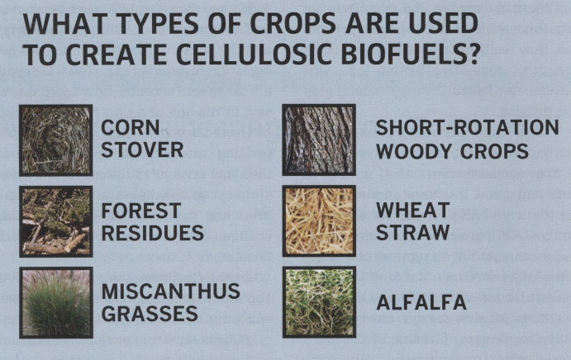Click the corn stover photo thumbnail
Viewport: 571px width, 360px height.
[55, 140]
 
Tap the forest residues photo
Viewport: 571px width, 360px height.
[55, 221]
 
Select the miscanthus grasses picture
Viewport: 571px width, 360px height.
[55, 302]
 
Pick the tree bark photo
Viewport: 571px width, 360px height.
[319, 140]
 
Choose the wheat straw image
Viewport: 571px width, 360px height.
[319, 221]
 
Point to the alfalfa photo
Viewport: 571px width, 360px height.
[319, 301]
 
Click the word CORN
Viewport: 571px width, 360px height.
[131, 128]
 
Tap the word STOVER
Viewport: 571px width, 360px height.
[142, 150]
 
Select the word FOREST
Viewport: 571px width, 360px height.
[141, 211]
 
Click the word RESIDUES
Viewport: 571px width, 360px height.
[153, 233]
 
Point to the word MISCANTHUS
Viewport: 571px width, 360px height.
[171, 291]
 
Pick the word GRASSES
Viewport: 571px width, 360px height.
[150, 314]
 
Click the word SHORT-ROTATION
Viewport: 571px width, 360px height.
[467, 128]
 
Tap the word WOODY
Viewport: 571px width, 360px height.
[415, 151]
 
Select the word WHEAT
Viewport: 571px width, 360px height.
[413, 210]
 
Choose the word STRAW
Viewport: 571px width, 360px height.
[413, 232]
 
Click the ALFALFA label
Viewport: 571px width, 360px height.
[421, 302]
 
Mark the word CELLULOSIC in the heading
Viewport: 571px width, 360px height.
[255, 54]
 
